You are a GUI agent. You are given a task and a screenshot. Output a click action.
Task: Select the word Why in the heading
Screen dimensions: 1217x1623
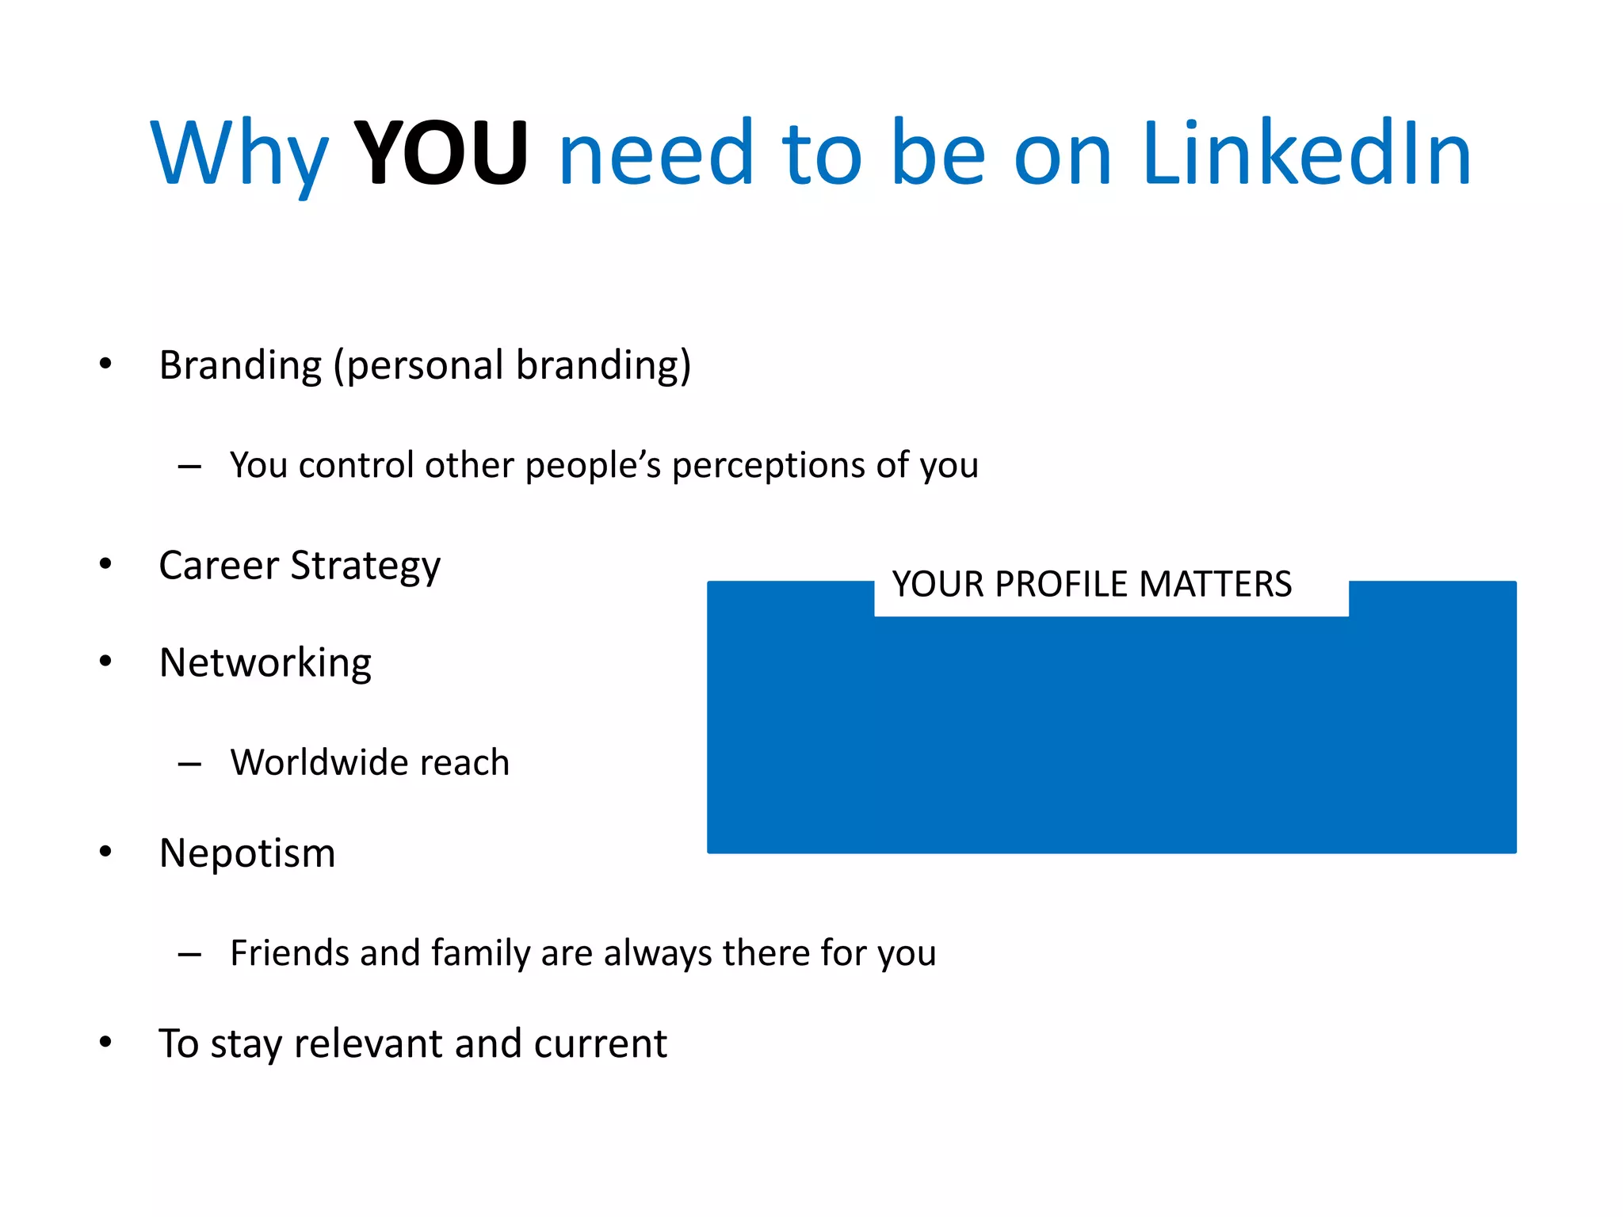[239, 155]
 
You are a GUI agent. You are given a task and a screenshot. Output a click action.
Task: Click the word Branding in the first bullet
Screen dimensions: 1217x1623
[240, 366]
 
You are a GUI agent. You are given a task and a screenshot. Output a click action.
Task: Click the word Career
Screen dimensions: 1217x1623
[219, 566]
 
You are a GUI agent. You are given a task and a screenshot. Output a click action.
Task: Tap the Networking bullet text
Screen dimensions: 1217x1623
[265, 663]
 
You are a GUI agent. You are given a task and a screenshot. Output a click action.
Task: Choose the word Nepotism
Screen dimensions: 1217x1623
[247, 853]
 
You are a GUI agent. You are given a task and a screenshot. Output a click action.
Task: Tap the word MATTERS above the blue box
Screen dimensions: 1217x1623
[1215, 585]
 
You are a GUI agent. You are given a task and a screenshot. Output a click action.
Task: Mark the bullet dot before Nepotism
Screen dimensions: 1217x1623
[105, 852]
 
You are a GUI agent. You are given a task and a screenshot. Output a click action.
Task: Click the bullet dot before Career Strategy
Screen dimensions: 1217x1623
[105, 564]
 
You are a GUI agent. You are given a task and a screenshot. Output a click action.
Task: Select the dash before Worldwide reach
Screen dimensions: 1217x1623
[189, 765]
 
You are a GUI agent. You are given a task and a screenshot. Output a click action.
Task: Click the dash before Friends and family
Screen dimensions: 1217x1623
[189, 955]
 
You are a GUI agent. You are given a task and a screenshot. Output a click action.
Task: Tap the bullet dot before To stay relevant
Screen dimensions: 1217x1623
[105, 1042]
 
